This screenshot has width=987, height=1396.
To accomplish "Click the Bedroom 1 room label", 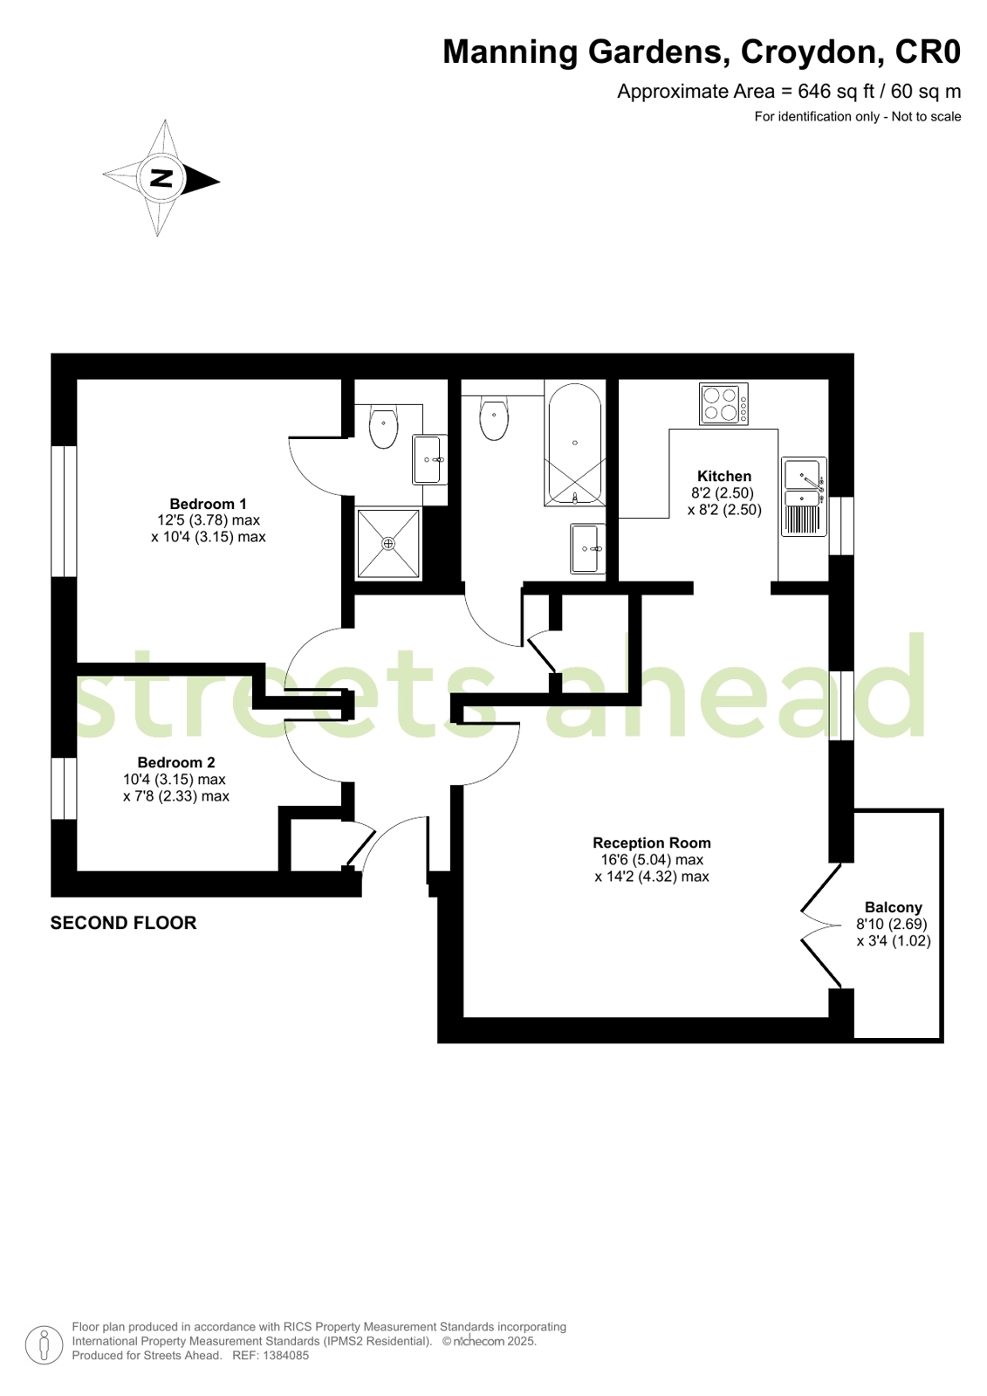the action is [x=208, y=504].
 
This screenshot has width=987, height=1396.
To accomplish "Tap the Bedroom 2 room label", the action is [x=176, y=762].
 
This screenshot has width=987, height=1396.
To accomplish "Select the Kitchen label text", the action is [x=724, y=476].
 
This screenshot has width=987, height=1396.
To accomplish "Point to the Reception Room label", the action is [x=652, y=842].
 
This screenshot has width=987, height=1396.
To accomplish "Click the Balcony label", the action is [x=893, y=907].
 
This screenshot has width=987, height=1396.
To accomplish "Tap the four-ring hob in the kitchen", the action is [x=723, y=404].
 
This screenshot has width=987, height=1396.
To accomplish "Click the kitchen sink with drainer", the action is [x=805, y=497].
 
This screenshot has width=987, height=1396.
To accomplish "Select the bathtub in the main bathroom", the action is [x=574, y=444].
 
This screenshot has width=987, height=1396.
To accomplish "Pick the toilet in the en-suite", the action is [x=383, y=427].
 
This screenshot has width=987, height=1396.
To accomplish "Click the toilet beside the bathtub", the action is [x=494, y=417].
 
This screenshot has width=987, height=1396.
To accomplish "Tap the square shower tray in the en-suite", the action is [x=388, y=544].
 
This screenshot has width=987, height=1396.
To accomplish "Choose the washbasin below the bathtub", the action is [x=587, y=548].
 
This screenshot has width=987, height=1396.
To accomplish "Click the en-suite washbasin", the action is [x=429, y=460].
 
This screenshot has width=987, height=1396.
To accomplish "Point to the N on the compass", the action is [x=161, y=178].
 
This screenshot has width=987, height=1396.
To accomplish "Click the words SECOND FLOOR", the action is [x=123, y=923].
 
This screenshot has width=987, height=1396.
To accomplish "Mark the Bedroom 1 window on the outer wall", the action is [x=64, y=511].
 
